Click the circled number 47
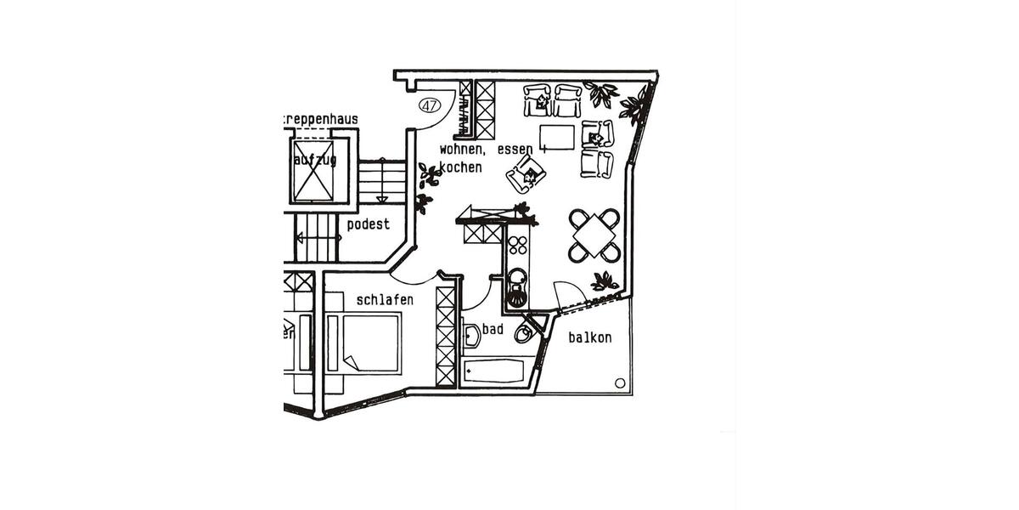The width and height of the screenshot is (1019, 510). (430, 105)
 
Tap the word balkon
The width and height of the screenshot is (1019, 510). (589, 337)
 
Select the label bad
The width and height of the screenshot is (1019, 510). (493, 329)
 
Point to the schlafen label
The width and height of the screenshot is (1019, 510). (385, 300)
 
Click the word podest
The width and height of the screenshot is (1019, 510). (369, 224)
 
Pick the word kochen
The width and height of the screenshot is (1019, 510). (460, 167)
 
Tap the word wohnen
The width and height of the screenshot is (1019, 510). (464, 150)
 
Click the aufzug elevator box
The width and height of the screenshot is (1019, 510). (313, 171)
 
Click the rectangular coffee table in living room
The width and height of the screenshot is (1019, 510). (557, 137)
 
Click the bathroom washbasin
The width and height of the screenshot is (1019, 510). (471, 336)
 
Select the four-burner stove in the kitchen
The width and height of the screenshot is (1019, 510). (517, 245)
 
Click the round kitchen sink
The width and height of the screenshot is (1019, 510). (517, 276)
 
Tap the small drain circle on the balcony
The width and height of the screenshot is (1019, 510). (620, 382)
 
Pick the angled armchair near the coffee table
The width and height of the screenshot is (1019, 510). (526, 174)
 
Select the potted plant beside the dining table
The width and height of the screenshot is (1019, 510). (604, 280)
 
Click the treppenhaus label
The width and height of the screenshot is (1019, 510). (321, 120)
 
